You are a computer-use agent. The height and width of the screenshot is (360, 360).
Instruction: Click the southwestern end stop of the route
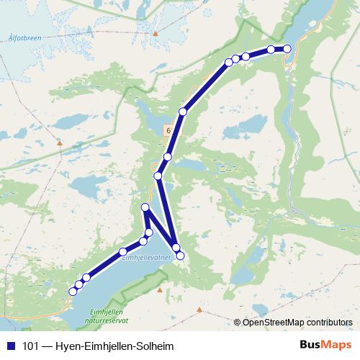[x=72, y=292]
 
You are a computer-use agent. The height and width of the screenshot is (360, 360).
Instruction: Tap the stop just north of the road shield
[x=183, y=112]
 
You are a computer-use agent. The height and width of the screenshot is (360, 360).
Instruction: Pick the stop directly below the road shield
[x=168, y=157]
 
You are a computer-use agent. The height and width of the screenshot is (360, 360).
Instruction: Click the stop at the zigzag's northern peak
[x=145, y=208]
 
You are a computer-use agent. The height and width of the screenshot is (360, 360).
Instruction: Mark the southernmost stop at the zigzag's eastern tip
[x=180, y=256]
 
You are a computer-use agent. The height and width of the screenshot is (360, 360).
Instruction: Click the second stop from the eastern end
[x=271, y=50]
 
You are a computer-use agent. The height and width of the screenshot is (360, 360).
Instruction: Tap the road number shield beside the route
[x=168, y=131]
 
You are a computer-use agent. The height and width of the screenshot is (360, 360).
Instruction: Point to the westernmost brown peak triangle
[x=60, y=142]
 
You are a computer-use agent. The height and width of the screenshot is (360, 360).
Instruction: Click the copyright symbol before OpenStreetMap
[x=238, y=322]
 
